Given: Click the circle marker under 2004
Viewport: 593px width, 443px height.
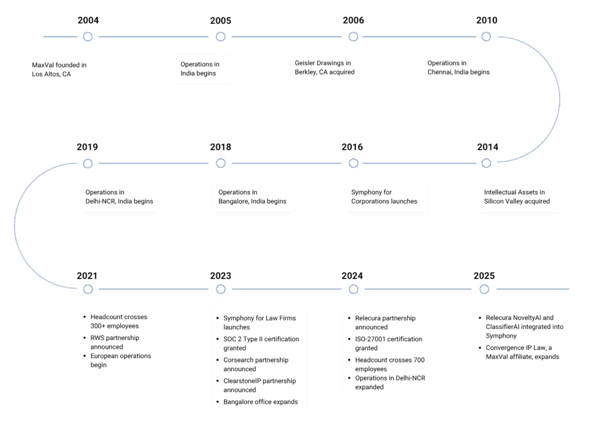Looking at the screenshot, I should coord(88,37).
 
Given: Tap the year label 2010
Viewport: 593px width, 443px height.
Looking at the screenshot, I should coord(486,21).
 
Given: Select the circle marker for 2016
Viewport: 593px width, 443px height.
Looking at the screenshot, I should coord(353,163).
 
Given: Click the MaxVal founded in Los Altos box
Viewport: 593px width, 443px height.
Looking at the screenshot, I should coord(62,69).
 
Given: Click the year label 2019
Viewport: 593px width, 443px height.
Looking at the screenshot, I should coord(87,147).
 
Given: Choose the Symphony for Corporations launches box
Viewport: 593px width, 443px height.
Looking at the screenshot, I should coord(386,197).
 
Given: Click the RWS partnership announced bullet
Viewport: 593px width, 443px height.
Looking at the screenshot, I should coord(115,342).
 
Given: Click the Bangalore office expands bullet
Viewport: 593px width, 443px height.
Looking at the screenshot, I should coord(261,401).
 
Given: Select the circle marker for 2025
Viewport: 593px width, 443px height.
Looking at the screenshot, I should coord(484,289).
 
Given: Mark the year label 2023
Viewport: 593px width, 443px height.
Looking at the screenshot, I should coord(221,276).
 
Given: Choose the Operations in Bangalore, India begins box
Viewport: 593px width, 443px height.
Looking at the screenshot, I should coord(252,197).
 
